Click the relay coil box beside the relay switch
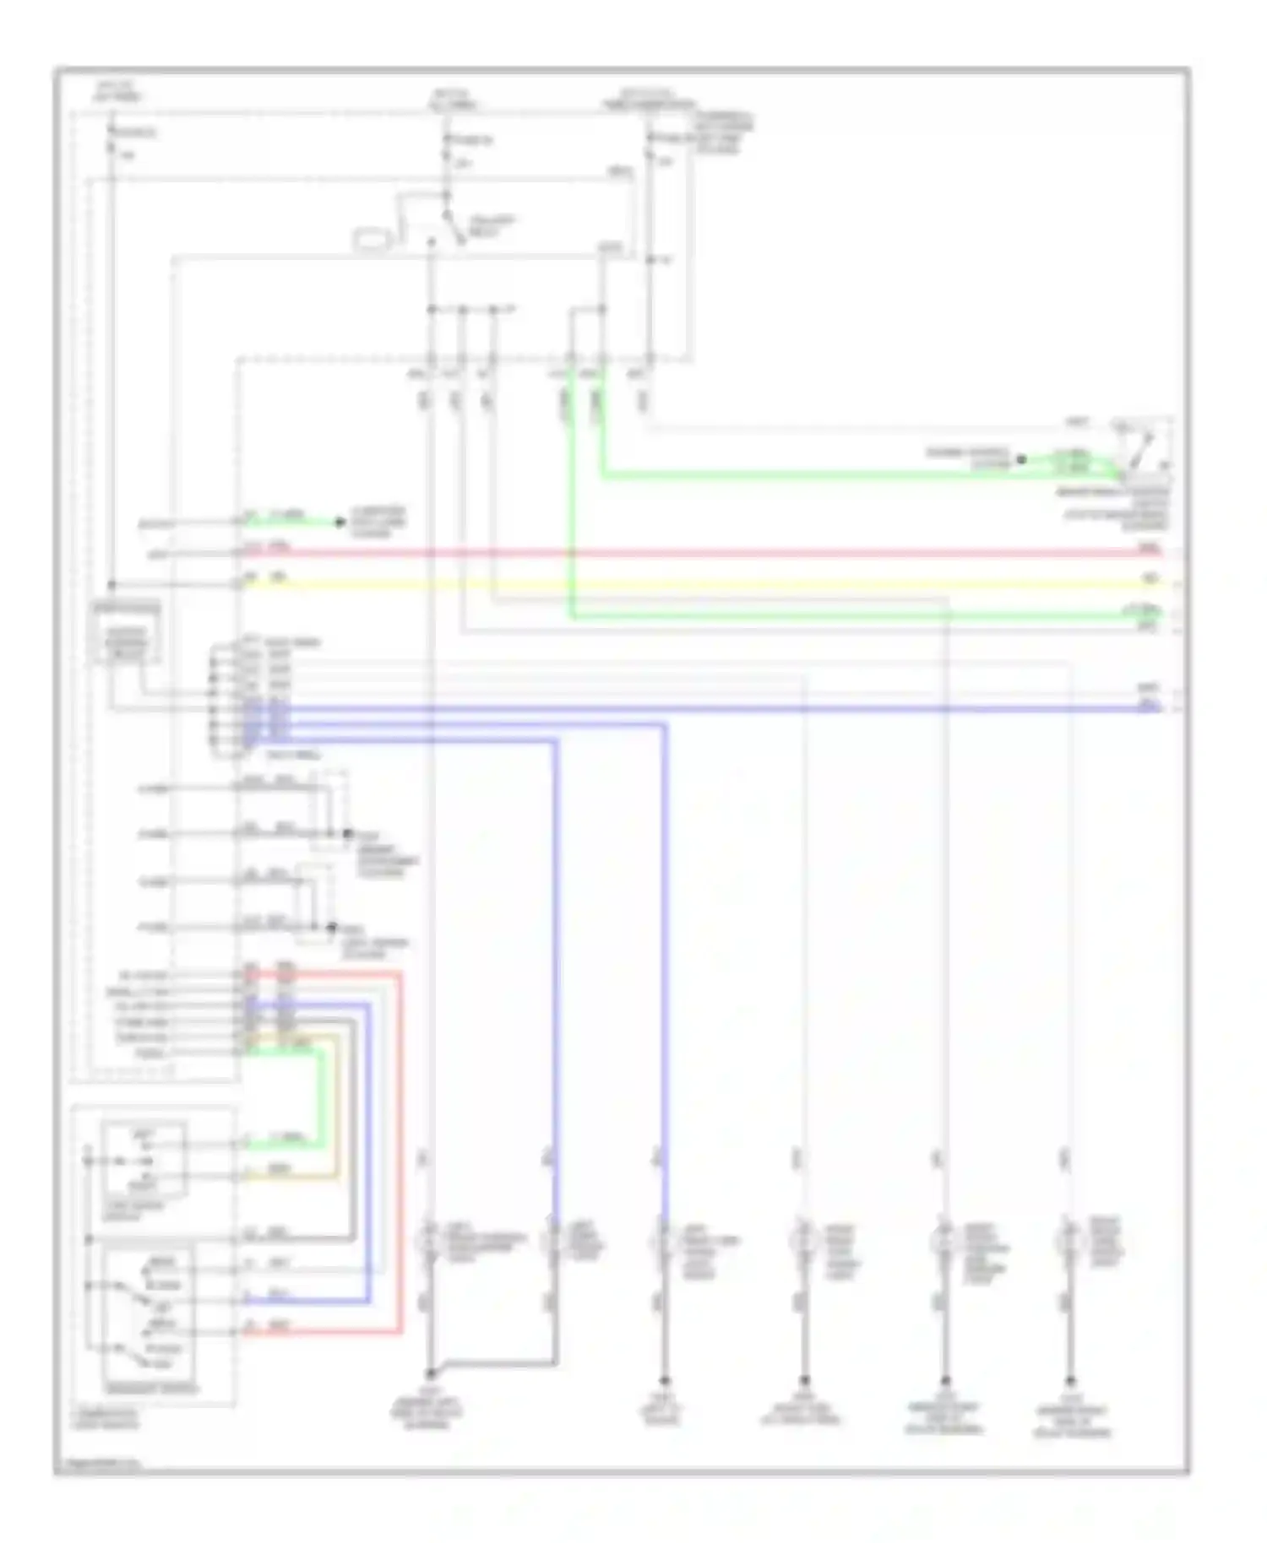tap(372, 240)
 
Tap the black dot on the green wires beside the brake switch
tap(1021, 460)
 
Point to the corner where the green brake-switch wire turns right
tap(602, 477)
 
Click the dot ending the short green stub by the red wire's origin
tap(340, 522)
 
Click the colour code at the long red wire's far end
tap(1150, 550)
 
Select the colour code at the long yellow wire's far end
tap(1150, 579)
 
